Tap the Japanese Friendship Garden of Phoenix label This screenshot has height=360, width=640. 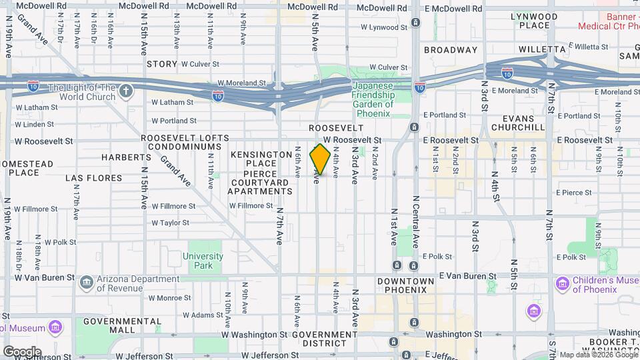tap(373, 99)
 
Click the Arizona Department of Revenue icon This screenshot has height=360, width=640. tap(87, 283)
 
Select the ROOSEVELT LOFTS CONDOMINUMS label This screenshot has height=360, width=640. tap(185, 142)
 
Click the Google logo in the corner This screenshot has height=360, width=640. tap(22, 351)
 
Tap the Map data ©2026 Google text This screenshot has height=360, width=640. tap(598, 355)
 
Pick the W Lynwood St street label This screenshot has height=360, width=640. tap(383, 28)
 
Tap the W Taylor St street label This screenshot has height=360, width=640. tap(171, 223)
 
